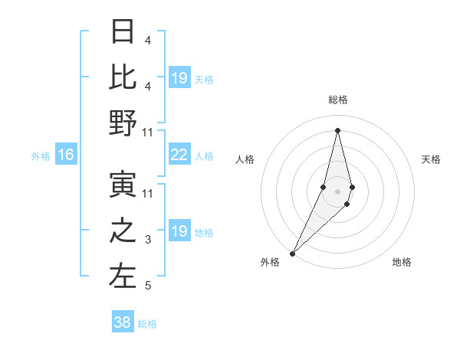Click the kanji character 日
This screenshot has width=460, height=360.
click(123, 31)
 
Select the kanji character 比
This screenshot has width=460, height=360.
click(123, 77)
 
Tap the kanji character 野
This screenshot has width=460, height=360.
click(123, 123)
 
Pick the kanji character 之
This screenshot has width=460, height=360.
click(123, 231)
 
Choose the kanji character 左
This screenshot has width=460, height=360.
click(123, 277)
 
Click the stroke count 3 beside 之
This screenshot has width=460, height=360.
click(148, 240)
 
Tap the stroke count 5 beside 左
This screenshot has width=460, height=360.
click(148, 286)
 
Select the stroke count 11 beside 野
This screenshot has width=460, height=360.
click(148, 133)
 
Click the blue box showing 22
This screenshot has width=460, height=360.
click(179, 155)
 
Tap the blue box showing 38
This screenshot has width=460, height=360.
click(123, 322)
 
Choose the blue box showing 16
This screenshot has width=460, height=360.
click(66, 155)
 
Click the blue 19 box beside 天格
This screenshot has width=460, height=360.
click(179, 78)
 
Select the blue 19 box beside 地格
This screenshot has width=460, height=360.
click(179, 231)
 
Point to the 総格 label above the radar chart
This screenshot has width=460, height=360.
click(337, 100)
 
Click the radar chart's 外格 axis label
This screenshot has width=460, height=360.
click(270, 262)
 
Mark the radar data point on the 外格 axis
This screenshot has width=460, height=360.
click(293, 253)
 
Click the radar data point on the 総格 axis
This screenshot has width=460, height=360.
click(337, 130)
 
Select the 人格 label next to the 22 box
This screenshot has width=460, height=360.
click(204, 155)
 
